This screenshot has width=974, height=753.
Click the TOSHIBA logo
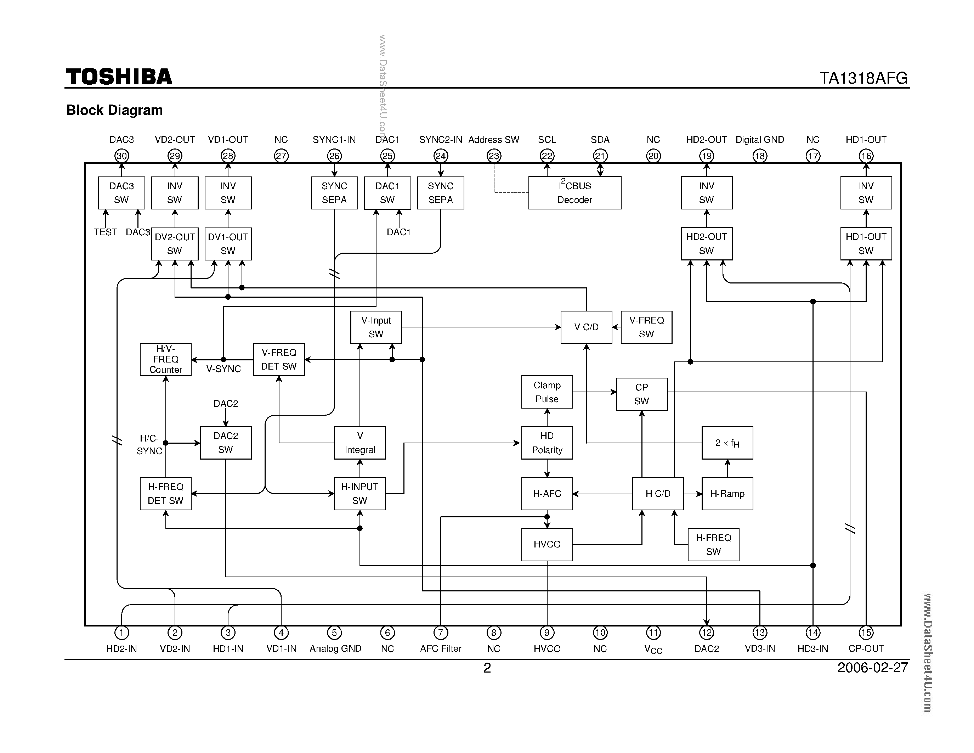pyautogui.click(x=119, y=77)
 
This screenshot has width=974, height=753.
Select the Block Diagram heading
pyautogui.click(x=115, y=110)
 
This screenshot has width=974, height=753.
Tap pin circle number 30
pyautogui.click(x=122, y=156)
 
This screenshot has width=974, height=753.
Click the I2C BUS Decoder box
pyautogui.click(x=574, y=193)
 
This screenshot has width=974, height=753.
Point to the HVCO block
pyautogui.click(x=547, y=544)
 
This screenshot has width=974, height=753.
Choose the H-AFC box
pyautogui.click(x=547, y=493)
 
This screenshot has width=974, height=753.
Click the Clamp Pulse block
pyautogui.click(x=547, y=392)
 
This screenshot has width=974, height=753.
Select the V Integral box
pyautogui.click(x=359, y=443)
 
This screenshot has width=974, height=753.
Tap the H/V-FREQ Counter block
pyautogui.click(x=165, y=360)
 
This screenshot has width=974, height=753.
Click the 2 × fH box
pyautogui.click(x=727, y=443)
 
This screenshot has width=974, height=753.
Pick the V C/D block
pyautogui.click(x=586, y=327)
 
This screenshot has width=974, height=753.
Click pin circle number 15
pyautogui.click(x=866, y=632)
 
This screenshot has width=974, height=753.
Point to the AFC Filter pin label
pyautogui.click(x=441, y=648)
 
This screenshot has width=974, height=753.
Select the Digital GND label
pyautogui.click(x=759, y=140)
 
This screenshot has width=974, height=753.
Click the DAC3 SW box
pyautogui.click(x=121, y=193)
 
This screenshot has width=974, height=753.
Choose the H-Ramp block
pyautogui.click(x=727, y=493)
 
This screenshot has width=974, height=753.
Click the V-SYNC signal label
pyautogui.click(x=223, y=369)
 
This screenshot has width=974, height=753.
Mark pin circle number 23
pyautogui.click(x=494, y=156)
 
